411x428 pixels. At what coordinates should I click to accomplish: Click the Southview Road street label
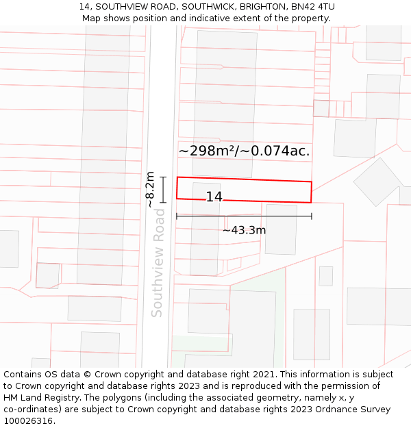coord(158,263)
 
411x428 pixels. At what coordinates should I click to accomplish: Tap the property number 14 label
coord(214,197)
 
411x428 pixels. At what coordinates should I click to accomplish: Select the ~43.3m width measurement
coord(244,230)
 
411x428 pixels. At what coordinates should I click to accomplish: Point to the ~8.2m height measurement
coord(150,190)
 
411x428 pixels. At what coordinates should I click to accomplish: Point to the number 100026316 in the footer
coord(29,421)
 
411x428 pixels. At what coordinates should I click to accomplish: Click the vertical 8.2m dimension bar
coord(164,190)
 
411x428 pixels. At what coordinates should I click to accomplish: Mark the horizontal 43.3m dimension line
coord(244,216)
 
